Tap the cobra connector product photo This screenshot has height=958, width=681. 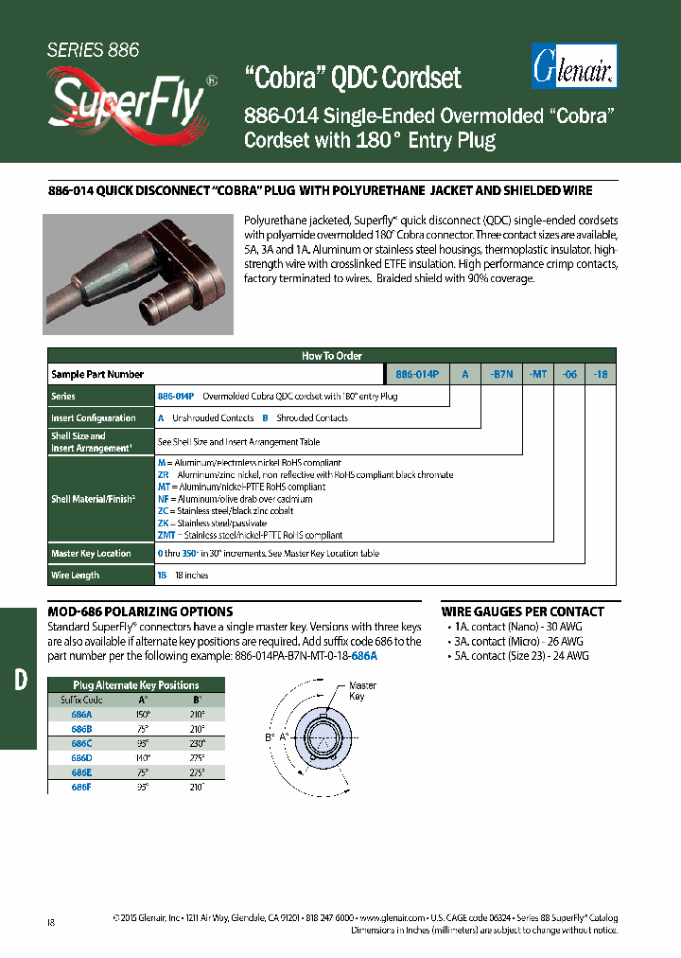[138, 275]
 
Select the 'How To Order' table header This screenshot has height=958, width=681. [332, 356]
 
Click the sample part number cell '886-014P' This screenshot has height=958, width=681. [416, 374]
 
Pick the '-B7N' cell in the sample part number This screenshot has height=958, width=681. [501, 374]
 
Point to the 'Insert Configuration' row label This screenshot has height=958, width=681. [94, 417]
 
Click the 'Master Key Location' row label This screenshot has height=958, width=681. [92, 554]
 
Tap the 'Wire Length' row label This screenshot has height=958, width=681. [76, 575]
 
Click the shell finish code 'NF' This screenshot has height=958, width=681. [163, 499]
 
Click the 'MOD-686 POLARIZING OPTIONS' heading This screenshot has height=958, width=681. [140, 612]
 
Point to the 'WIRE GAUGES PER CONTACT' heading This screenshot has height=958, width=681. [523, 612]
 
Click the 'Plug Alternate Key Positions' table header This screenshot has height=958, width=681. [136, 684]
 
